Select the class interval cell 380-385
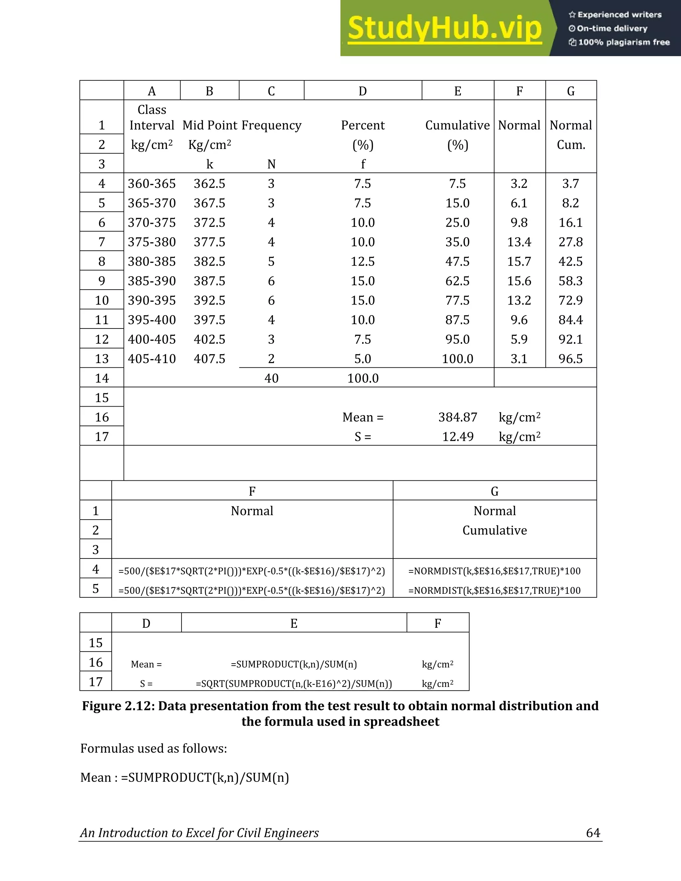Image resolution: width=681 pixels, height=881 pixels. point(152,261)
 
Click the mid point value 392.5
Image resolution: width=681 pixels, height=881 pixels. point(209,301)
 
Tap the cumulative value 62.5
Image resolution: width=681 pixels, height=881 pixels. point(457,281)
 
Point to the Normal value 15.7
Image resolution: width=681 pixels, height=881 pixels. point(519,261)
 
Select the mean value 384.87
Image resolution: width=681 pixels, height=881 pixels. point(458,417)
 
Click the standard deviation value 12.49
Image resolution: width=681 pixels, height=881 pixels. point(458,437)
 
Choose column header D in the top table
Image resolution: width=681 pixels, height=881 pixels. point(363,91)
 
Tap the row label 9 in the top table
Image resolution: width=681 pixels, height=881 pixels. point(102,281)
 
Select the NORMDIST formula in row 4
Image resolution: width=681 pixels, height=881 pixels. point(494,571)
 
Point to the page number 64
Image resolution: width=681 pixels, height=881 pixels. point(593,832)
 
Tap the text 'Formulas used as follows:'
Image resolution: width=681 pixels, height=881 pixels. point(153,749)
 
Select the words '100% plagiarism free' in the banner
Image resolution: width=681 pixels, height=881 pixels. point(623,42)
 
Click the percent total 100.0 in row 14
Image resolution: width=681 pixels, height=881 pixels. point(363,378)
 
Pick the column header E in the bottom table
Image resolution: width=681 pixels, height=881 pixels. point(294,624)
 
